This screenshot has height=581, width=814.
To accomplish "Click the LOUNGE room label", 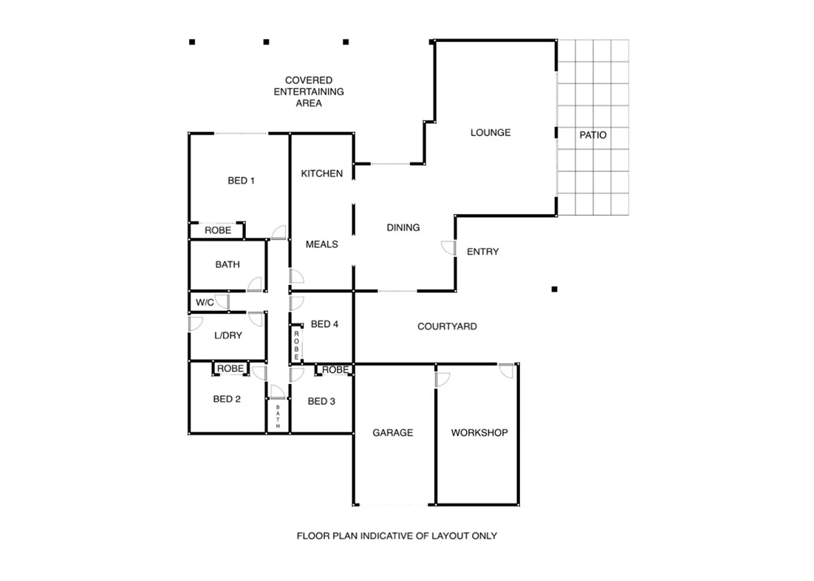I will coord(490,133).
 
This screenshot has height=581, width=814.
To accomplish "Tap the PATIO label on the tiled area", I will coord(592,135).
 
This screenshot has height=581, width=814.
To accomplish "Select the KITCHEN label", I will coord(321,173).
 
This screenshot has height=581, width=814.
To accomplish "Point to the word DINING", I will coord(403,227).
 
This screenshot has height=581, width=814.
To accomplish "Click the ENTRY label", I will coord(482,252).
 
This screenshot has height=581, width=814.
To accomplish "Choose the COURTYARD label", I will coord(447,326).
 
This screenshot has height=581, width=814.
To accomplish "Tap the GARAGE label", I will coord(392,433).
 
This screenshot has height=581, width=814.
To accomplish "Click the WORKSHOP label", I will coord(479,433).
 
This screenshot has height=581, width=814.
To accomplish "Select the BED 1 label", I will coord(241,180).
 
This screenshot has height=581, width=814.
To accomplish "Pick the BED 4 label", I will coord(324,324).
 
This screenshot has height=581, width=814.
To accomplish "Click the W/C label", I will coord(204,303).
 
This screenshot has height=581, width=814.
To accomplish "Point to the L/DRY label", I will coord(228,335).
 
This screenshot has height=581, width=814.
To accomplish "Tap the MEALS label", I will coord(322,244).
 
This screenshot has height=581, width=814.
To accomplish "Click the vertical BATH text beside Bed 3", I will coord(278,417).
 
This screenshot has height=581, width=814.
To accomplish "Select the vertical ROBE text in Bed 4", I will coord(296,345).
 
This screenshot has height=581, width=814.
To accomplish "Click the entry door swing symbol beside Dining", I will coord(448,248).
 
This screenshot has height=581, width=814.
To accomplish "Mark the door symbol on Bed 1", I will coord(279,233).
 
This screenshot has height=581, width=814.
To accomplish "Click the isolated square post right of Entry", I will coord(554,289).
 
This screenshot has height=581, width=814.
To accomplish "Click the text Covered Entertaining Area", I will coord(309,92).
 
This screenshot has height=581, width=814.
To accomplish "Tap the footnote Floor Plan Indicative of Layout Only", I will coord(397,536).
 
